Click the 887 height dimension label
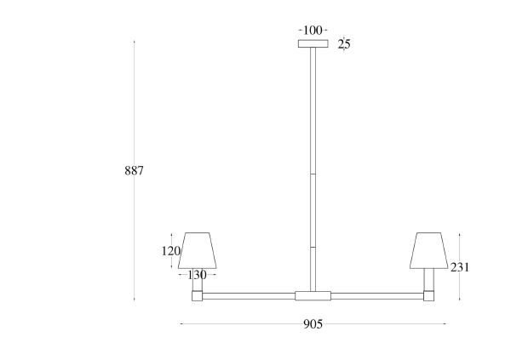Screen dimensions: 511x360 click(134, 171)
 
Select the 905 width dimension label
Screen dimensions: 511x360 click(313, 324)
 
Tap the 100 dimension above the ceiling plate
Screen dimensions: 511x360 click(313, 31)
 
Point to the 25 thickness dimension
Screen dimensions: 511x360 click(344, 44)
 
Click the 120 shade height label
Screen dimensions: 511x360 click(171, 251)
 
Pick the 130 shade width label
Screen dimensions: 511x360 click(198, 275)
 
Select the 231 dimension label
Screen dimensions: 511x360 click(460, 267)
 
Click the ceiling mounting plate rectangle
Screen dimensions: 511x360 click(313, 43)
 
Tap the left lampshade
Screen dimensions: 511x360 click(198, 250)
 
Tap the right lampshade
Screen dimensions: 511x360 click(429, 250)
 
